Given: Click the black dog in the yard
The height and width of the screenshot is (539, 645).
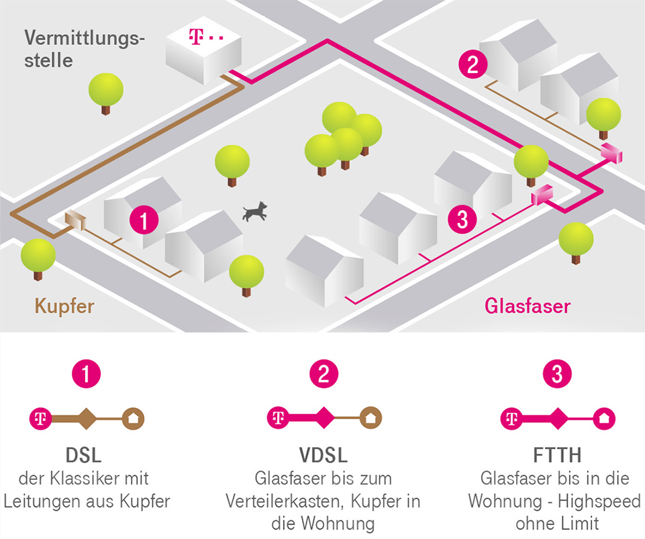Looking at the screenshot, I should tap(254, 212).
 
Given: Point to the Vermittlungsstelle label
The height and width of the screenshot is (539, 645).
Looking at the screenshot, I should tap(84, 47).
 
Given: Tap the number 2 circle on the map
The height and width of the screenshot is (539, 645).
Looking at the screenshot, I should tap(473, 65).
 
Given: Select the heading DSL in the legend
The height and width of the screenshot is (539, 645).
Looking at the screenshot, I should tap(84, 455).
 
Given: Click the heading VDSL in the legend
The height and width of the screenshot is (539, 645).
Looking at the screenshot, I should tap(324, 455).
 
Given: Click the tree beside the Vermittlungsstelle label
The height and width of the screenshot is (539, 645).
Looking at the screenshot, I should tap(105, 91).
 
